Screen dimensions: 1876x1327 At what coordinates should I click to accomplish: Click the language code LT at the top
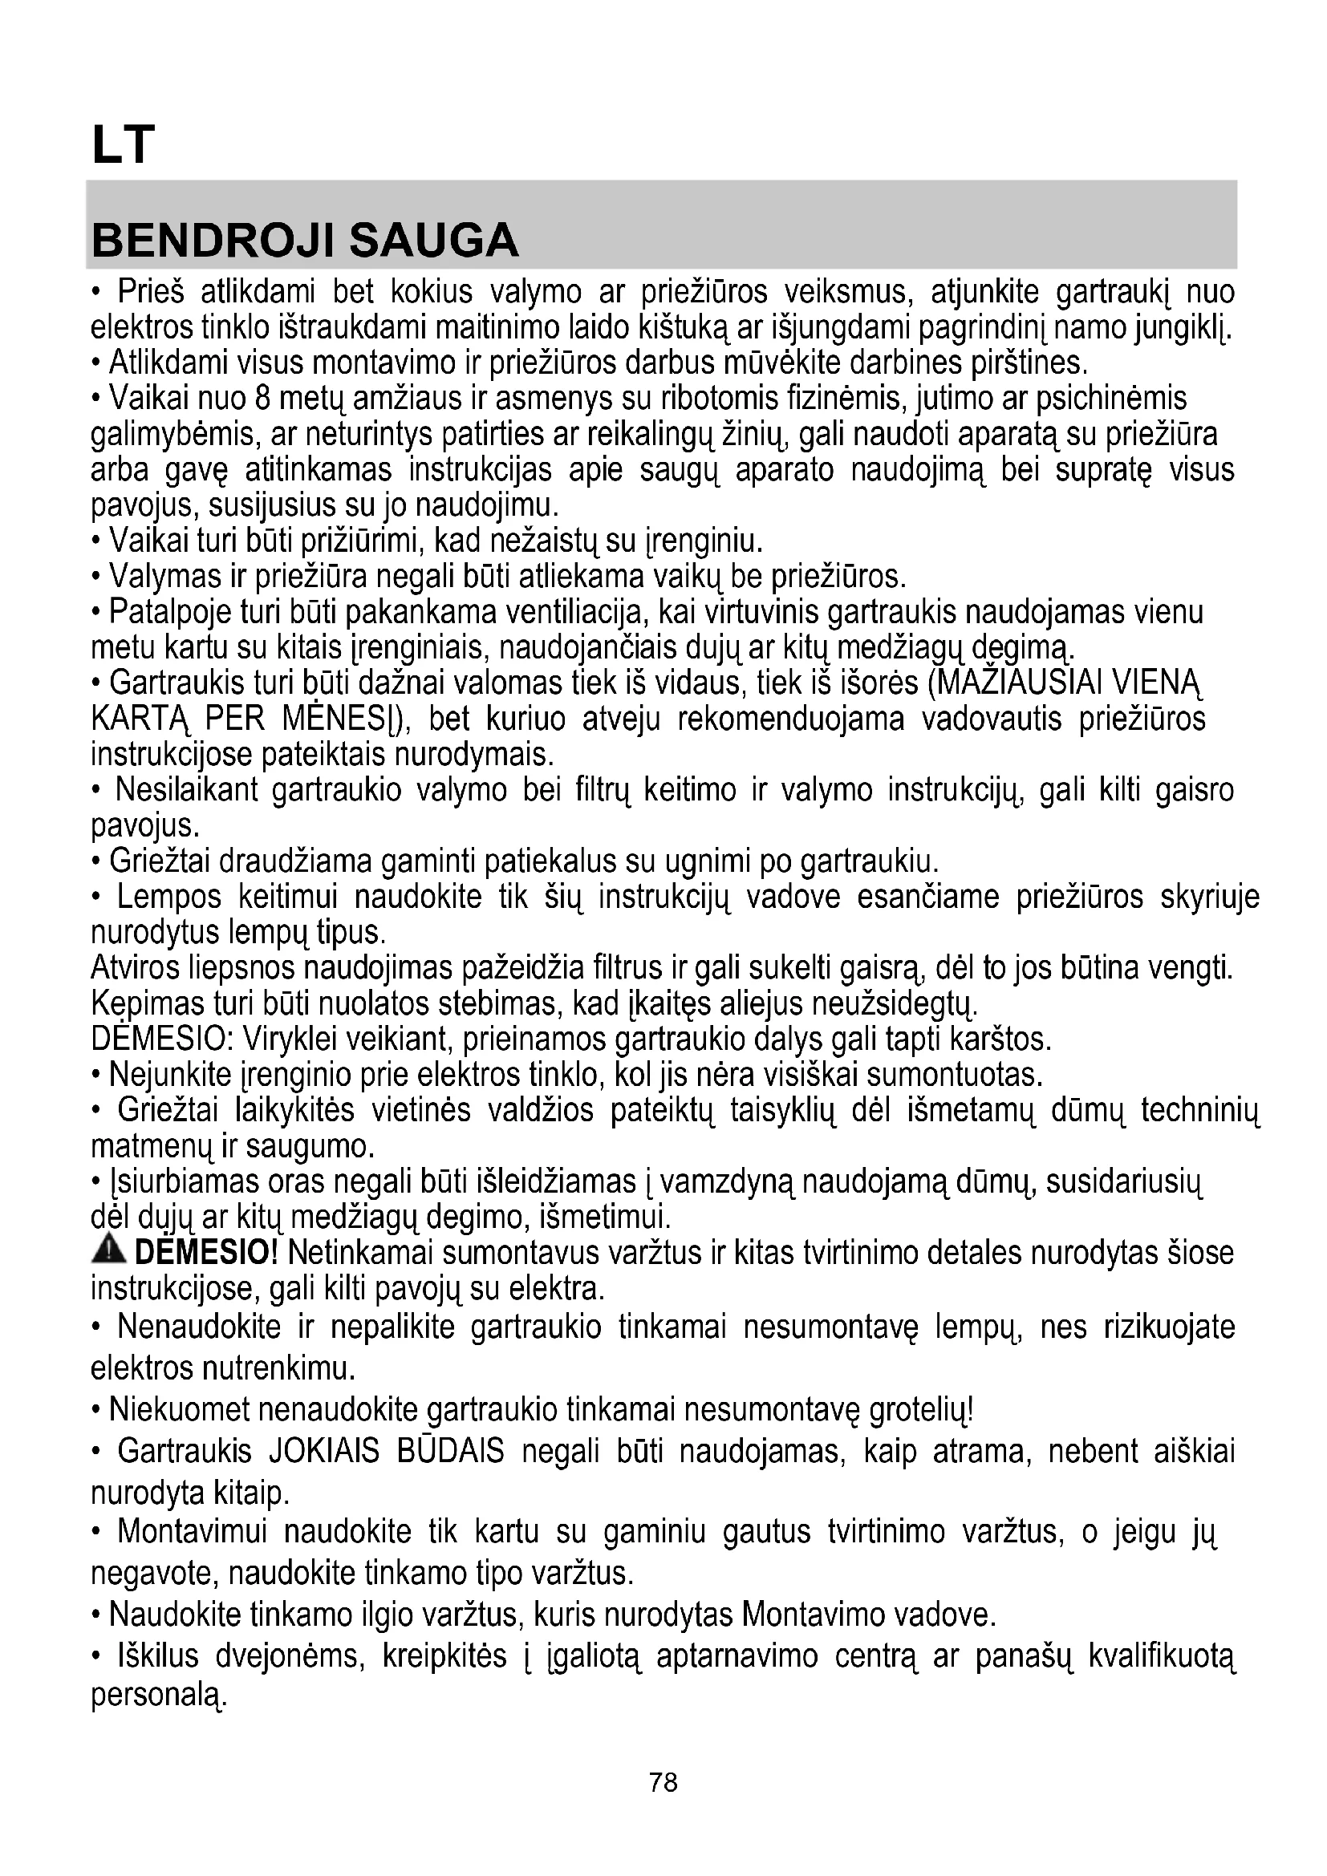click(x=123, y=145)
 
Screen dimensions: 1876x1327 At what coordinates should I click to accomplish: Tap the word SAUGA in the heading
click(x=433, y=241)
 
